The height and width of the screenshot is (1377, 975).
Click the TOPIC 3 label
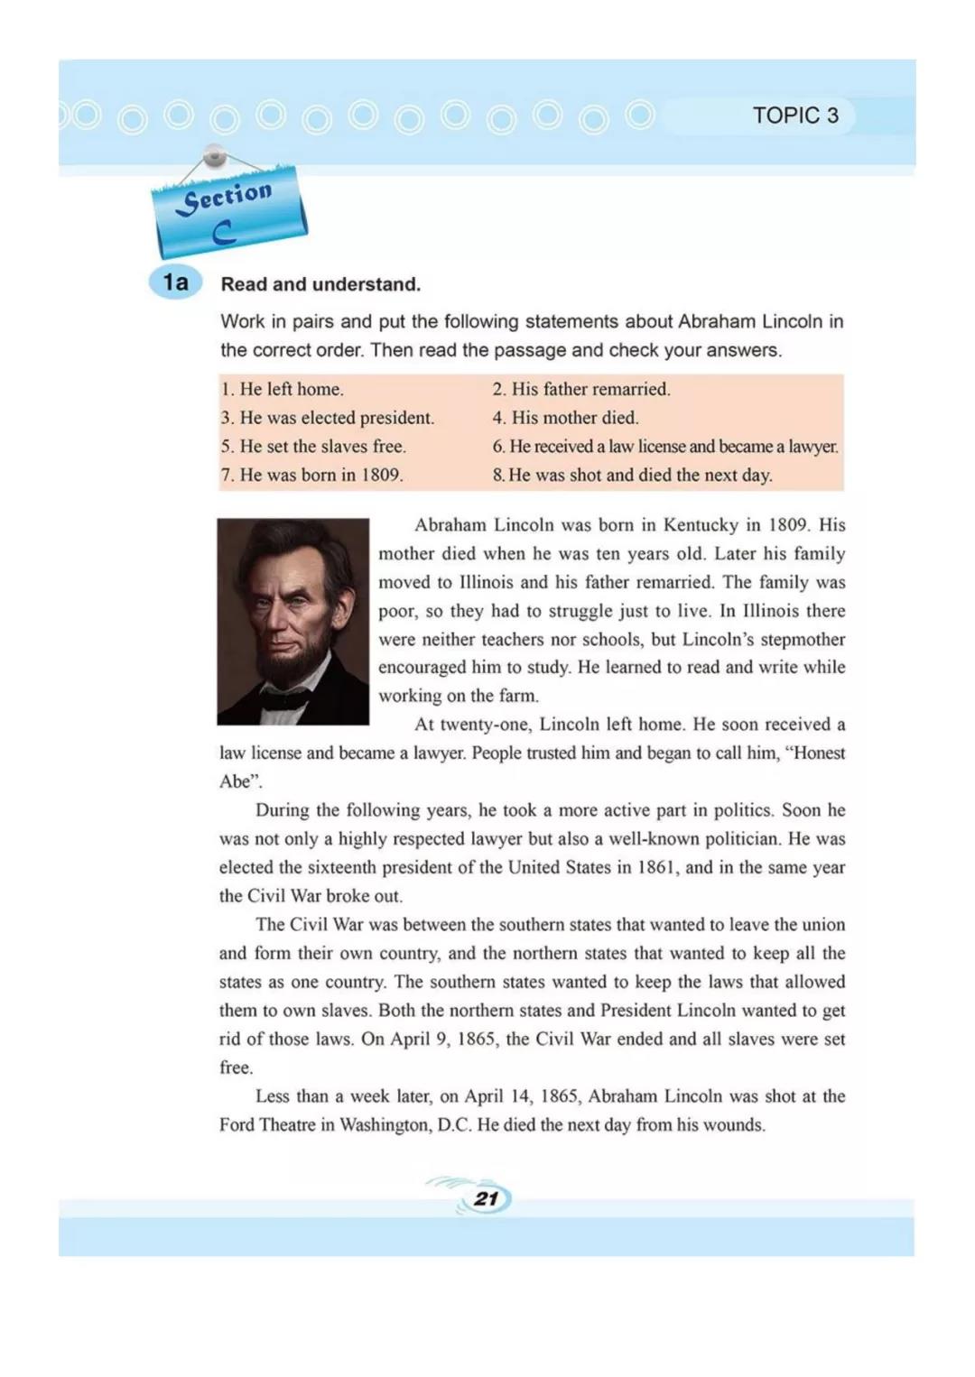point(795,116)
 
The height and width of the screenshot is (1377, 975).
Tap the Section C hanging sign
point(229,213)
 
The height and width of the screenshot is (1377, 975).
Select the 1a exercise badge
point(176,282)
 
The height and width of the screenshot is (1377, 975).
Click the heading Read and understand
point(320,284)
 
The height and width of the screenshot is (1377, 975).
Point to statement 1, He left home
point(283,389)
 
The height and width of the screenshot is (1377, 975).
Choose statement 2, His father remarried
point(581,389)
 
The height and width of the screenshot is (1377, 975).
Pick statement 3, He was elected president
point(328,418)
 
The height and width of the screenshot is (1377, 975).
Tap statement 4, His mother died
point(565,418)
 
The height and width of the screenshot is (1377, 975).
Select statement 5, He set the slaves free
point(313,446)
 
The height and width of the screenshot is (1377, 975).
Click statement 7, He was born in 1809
point(311,475)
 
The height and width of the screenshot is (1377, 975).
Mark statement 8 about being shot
point(632,475)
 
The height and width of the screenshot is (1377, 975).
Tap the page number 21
point(487,1198)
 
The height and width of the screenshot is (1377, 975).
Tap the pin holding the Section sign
point(215,157)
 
